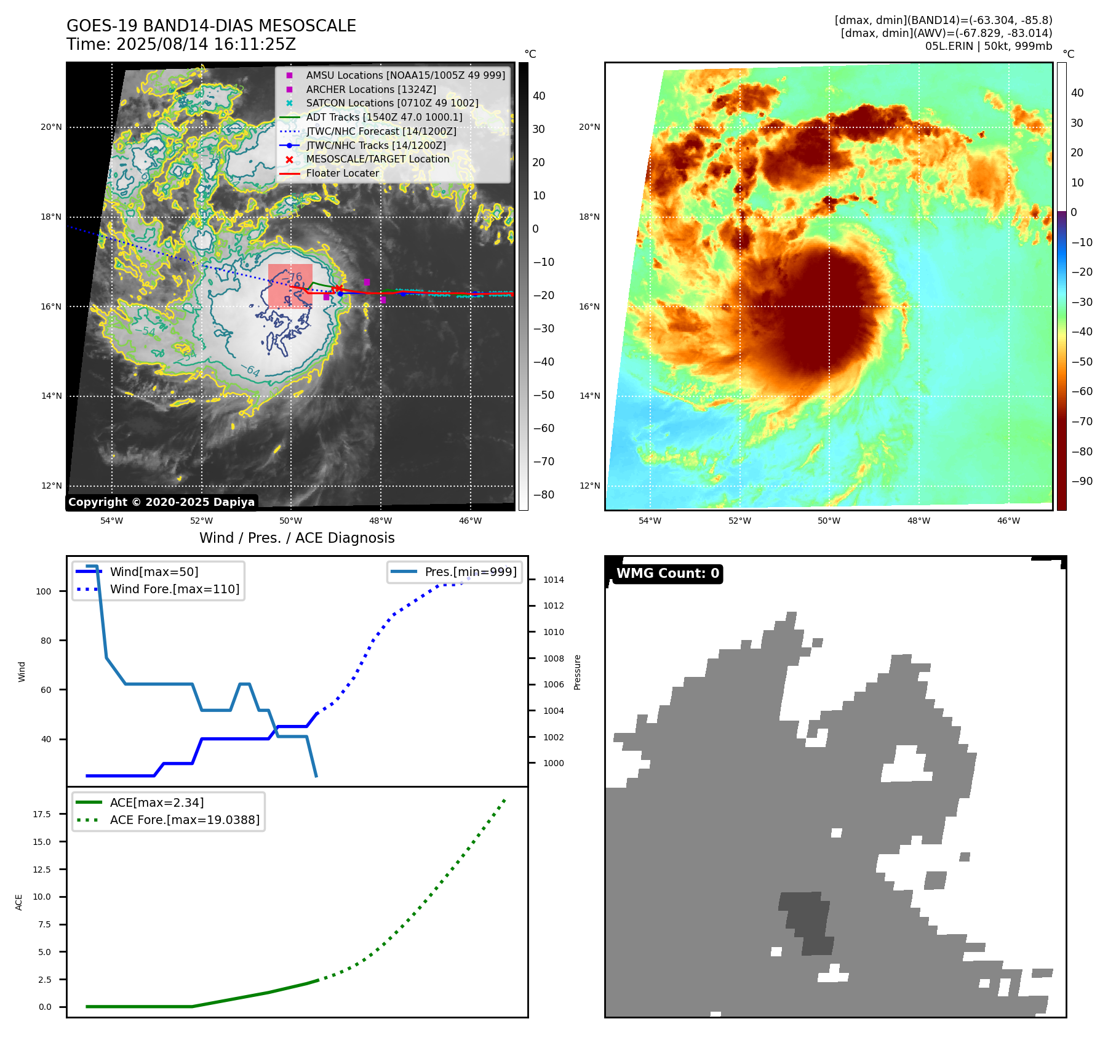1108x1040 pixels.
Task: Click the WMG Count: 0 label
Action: [668, 574]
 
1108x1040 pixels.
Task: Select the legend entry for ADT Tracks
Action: [384, 117]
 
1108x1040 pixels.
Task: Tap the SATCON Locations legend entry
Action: [392, 103]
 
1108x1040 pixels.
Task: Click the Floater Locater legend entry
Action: [343, 173]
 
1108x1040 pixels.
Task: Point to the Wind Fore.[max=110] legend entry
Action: [175, 589]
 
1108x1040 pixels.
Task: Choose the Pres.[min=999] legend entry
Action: [471, 572]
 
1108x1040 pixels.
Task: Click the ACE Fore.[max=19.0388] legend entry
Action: [185, 820]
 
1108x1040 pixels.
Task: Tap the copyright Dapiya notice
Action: [161, 502]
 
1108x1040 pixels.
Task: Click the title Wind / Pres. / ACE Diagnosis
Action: [297, 538]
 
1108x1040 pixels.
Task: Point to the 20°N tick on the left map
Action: [52, 127]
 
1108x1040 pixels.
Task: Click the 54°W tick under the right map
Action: [650, 521]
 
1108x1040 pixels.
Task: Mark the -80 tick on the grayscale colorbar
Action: [543, 495]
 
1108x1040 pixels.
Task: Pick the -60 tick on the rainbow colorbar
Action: [1082, 391]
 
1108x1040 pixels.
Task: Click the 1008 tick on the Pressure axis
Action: [553, 658]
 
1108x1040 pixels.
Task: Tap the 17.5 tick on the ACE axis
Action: [42, 814]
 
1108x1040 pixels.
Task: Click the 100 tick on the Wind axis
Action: [44, 591]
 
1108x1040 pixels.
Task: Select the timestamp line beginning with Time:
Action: [181, 44]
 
